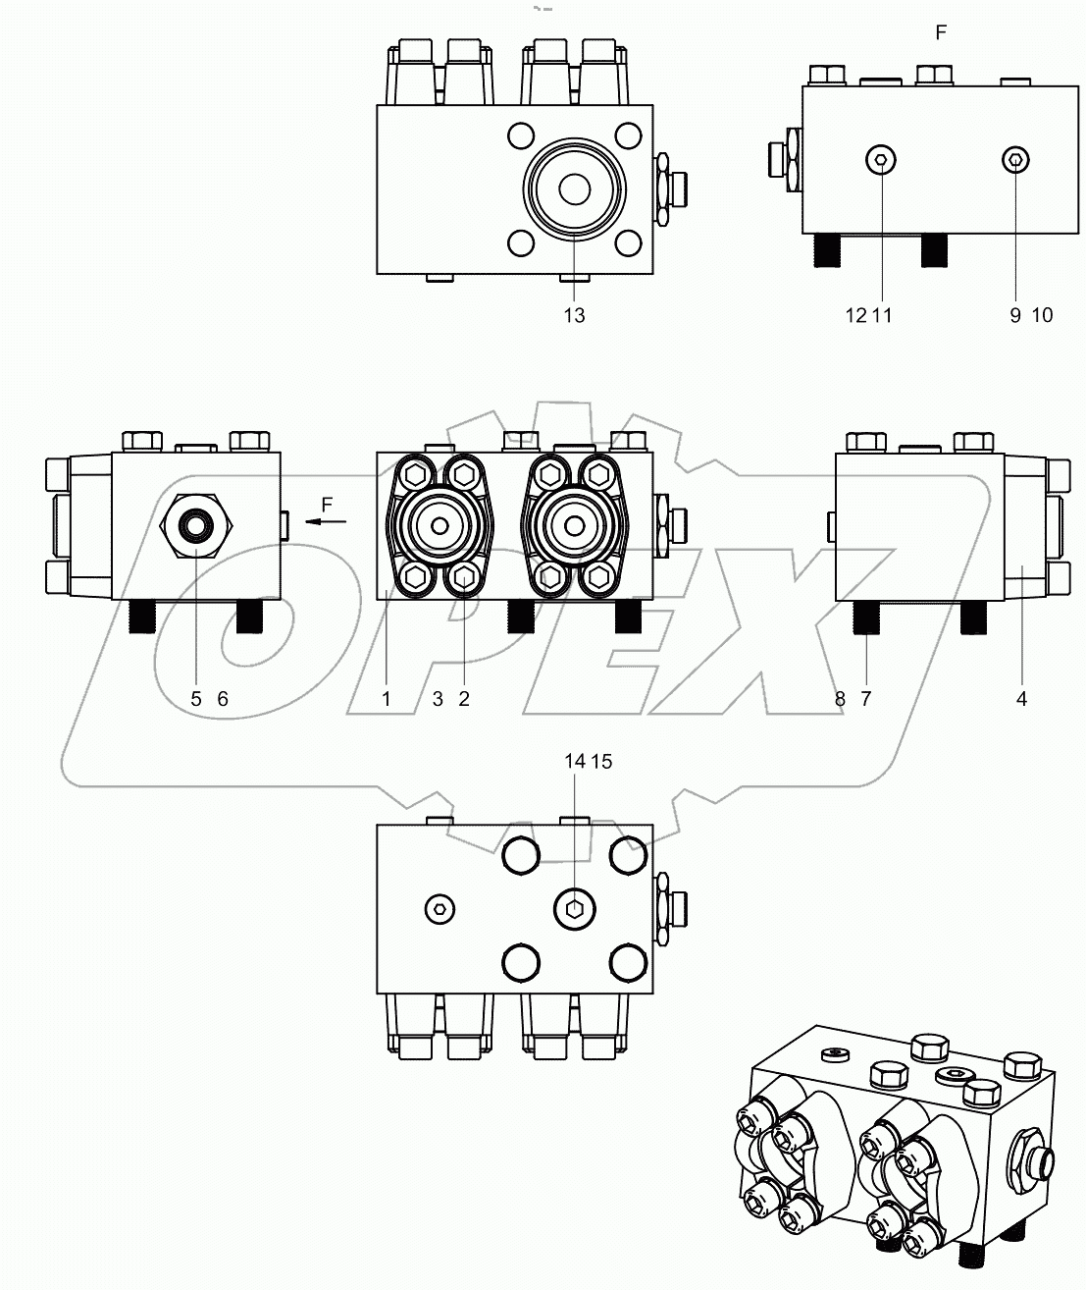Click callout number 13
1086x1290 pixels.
[574, 315]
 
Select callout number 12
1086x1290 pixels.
[855, 315]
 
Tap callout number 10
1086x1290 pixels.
[1042, 315]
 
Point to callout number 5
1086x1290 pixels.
[196, 699]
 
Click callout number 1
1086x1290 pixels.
[387, 699]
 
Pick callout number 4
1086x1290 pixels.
[1021, 699]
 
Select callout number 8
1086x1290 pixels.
[840, 699]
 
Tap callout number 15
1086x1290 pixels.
[602, 761]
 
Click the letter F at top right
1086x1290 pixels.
[941, 33]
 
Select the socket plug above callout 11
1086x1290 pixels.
[881, 160]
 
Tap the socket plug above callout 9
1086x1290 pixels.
[1016, 160]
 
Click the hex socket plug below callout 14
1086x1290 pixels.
[574, 908]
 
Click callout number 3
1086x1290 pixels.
[438, 699]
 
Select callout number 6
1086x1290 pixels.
[223, 699]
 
